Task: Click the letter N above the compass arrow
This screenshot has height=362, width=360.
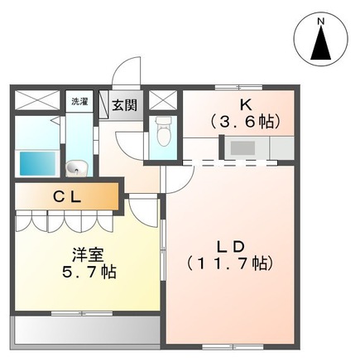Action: (320, 21)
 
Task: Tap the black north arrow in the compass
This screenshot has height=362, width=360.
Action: (321, 43)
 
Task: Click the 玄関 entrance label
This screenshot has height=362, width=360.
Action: (124, 105)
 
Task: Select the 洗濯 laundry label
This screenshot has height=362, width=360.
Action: (79, 102)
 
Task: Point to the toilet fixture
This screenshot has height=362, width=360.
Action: (162, 132)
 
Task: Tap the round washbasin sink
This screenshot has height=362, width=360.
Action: (76, 168)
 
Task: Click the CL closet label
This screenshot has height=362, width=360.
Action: (67, 197)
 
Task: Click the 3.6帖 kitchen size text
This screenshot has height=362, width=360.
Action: (245, 122)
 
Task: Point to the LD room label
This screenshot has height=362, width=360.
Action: (231, 247)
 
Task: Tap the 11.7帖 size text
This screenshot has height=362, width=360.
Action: (229, 264)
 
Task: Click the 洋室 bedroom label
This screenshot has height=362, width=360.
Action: (88, 255)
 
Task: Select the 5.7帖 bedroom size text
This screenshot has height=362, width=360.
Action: (89, 273)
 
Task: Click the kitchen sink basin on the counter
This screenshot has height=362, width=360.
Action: (242, 148)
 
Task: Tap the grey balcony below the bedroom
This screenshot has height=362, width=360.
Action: (85, 330)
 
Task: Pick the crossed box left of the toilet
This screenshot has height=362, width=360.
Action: (162, 99)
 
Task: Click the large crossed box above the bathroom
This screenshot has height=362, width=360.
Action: (36, 99)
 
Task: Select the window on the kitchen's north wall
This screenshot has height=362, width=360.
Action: (238, 88)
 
